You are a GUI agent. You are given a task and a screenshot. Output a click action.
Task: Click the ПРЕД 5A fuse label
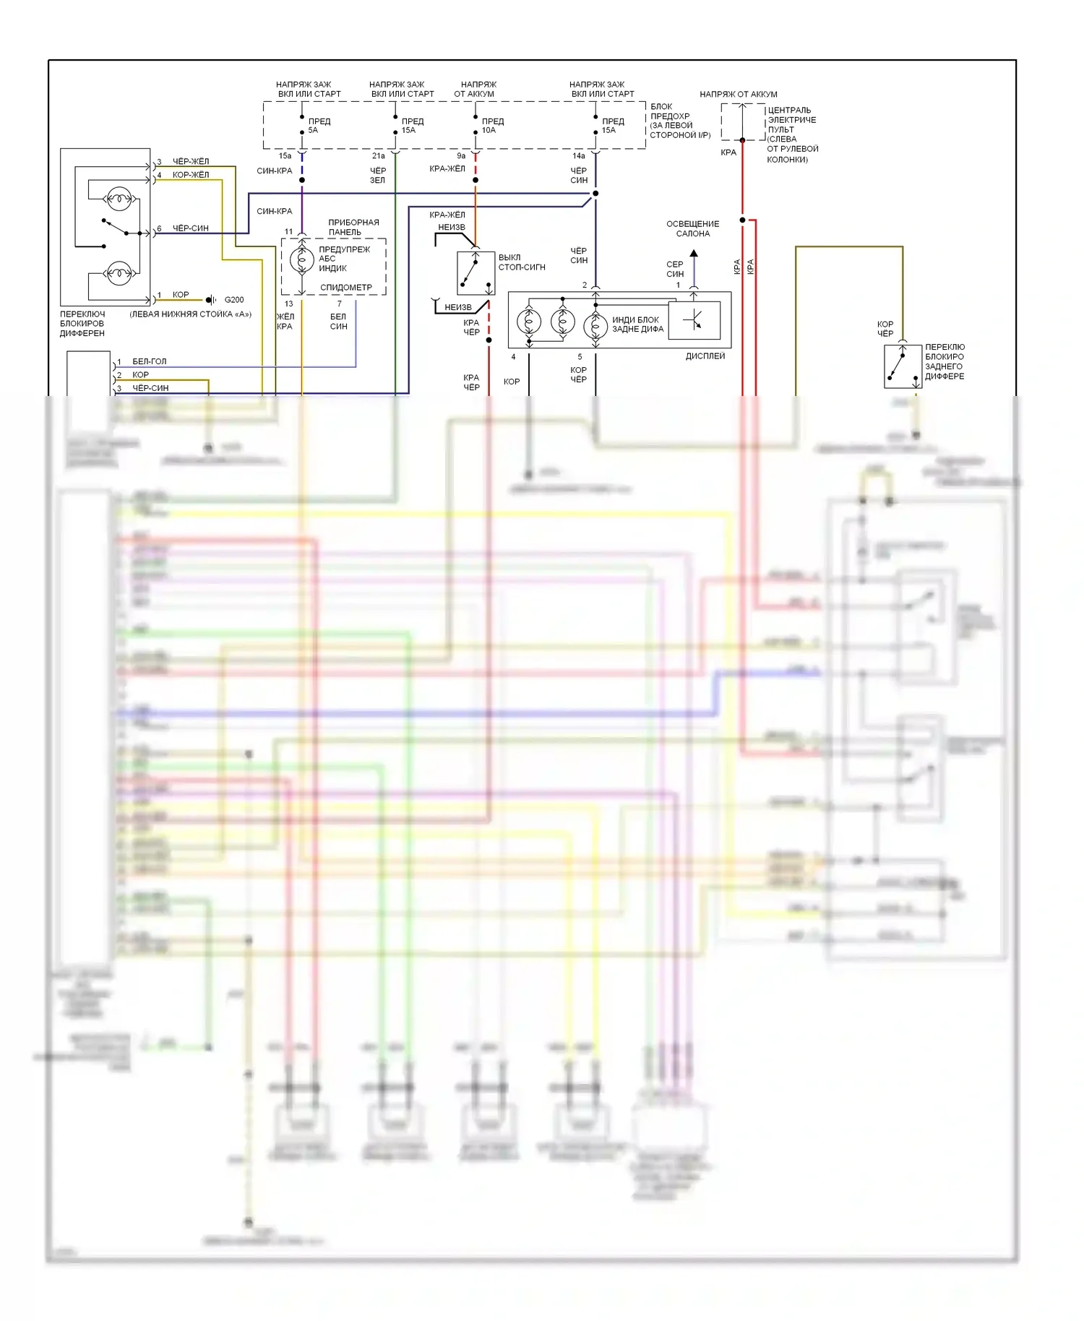tap(319, 126)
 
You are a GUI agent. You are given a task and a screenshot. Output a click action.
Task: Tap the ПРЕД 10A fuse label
tap(492, 126)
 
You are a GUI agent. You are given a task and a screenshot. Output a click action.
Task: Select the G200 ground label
tap(234, 300)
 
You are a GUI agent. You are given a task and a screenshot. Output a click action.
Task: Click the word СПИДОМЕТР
tap(346, 288)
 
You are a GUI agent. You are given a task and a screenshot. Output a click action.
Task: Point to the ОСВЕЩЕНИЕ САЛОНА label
tap(692, 228)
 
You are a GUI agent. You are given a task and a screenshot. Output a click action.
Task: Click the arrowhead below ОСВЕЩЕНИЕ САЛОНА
tap(694, 254)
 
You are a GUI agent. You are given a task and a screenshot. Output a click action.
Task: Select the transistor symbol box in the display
tap(694, 319)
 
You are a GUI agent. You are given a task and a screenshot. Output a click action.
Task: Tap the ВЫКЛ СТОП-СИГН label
tap(521, 262)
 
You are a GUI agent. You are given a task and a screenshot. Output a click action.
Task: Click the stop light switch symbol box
tap(476, 273)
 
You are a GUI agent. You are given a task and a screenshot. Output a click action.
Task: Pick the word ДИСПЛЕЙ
tap(705, 356)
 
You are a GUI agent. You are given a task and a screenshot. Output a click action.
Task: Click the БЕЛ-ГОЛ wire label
tap(149, 361)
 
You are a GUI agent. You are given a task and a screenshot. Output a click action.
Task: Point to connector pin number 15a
tap(285, 156)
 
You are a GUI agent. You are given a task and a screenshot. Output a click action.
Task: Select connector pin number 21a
tap(378, 156)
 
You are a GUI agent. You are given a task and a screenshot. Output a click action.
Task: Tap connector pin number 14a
tap(578, 156)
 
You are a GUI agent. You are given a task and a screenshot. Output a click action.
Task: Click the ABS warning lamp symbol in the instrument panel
tap(301, 260)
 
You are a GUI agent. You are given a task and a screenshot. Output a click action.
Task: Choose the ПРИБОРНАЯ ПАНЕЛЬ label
tap(353, 227)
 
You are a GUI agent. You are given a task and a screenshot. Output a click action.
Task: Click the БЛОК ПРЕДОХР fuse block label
tap(679, 121)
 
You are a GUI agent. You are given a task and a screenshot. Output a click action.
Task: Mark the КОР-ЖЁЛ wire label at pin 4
tap(191, 175)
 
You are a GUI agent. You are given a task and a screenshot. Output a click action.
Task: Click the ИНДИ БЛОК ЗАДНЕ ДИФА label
tap(637, 324)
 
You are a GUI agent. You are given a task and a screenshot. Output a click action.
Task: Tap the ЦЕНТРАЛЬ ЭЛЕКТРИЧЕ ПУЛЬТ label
tap(792, 134)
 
